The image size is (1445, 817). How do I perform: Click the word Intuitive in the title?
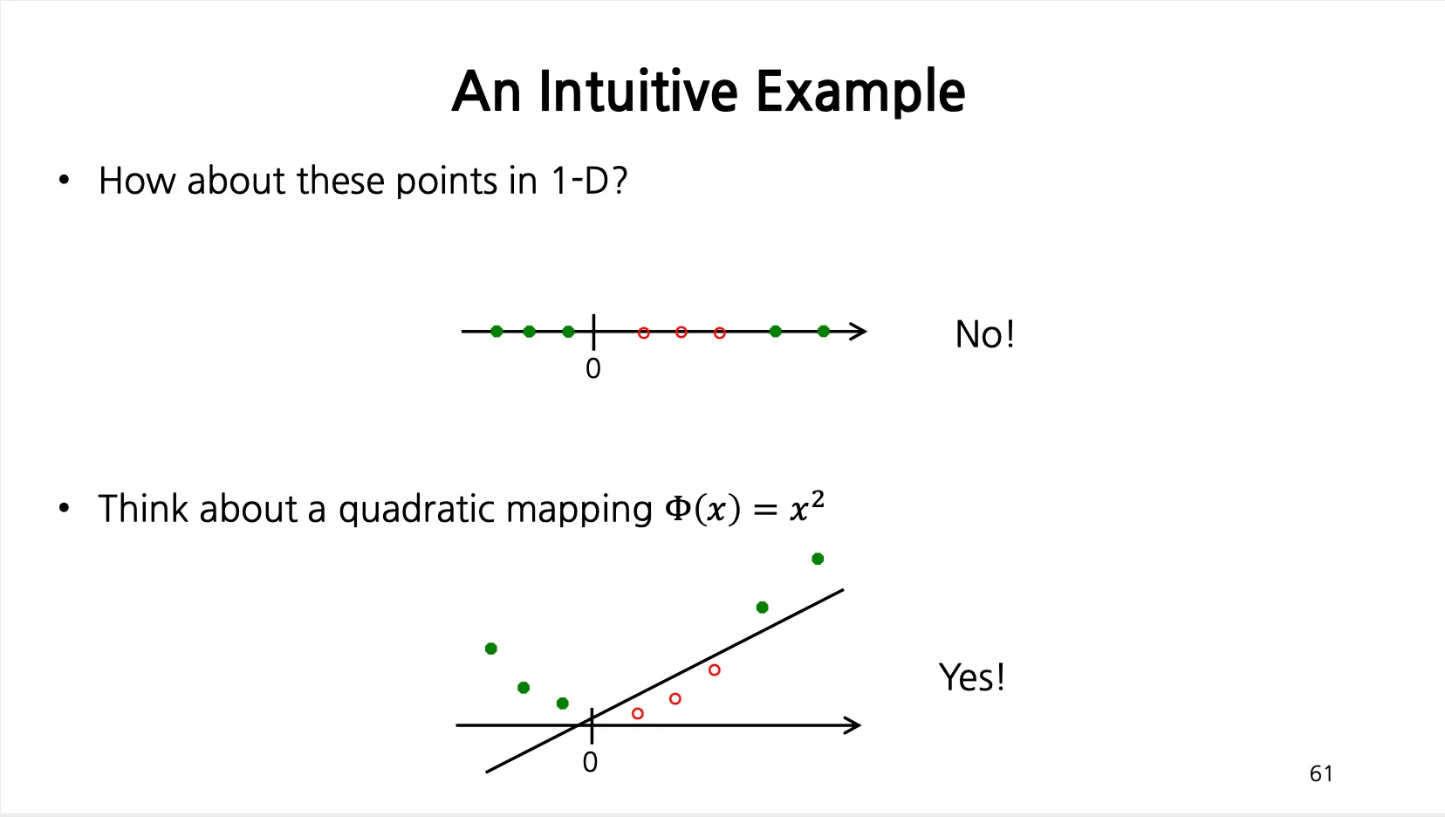(x=638, y=91)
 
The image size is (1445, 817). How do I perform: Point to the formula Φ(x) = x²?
(x=744, y=508)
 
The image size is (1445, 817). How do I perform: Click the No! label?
(x=984, y=334)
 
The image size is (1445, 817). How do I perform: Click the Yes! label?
(x=971, y=677)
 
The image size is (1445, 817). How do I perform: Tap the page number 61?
(x=1321, y=773)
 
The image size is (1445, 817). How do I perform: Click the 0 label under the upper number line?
(x=592, y=369)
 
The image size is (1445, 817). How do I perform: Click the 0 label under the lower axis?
(x=590, y=763)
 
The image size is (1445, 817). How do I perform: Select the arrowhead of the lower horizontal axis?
(x=853, y=725)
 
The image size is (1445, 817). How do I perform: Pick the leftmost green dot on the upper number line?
(x=497, y=332)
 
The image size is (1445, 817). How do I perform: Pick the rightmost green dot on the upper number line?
(x=823, y=332)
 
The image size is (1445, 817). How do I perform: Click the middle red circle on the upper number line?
(x=681, y=333)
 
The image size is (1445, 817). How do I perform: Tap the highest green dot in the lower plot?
(x=818, y=559)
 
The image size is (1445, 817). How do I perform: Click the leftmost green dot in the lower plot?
(x=491, y=649)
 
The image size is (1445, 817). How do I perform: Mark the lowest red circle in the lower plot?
(x=637, y=714)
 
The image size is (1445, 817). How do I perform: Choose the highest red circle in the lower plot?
(x=714, y=670)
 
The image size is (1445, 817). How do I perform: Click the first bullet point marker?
(x=63, y=180)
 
